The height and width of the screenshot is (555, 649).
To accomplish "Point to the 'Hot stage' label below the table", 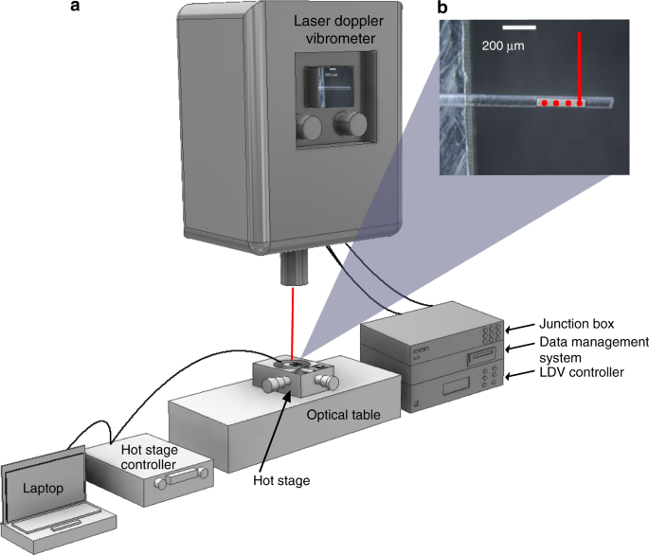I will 282,480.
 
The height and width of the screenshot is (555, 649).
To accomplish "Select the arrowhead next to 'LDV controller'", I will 509,378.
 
